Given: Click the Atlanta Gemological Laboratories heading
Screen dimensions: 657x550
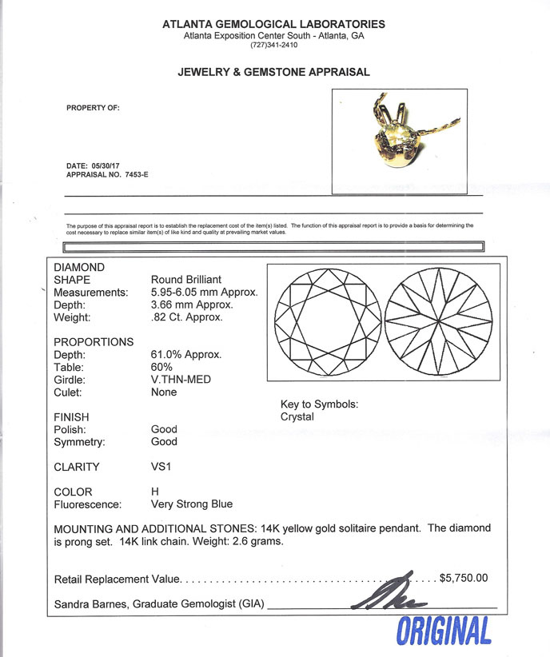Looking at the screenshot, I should [273, 24].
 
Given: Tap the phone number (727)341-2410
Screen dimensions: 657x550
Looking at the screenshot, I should [273, 46].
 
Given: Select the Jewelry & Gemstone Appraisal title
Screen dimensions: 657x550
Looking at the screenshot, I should [273, 72].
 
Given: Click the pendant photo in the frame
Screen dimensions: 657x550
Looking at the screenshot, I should [399, 141].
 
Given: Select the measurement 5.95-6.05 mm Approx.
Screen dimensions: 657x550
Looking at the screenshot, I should [204, 293].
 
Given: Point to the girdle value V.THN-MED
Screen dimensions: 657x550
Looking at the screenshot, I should [181, 380].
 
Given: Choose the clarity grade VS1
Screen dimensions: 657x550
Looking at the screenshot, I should [162, 467].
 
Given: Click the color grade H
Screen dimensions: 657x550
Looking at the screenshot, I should [155, 492].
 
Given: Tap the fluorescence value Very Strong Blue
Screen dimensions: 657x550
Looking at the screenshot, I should [192, 504].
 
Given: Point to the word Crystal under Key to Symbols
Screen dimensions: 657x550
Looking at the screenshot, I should [297, 416].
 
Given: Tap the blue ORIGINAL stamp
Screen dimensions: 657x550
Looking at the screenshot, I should [443, 631].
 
